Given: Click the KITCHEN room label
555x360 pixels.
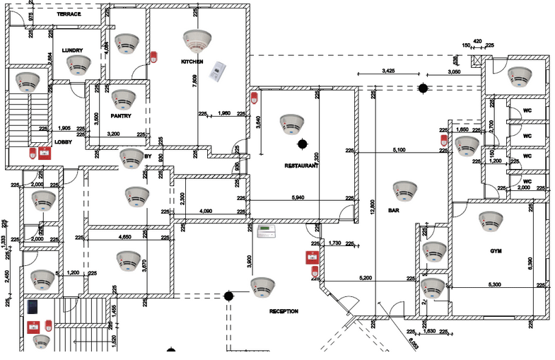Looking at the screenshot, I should [x=192, y=62].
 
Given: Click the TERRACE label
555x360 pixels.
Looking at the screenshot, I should [x=68, y=14].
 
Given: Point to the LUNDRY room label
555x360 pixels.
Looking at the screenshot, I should [x=72, y=50].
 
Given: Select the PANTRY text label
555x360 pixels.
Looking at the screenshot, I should [x=122, y=115].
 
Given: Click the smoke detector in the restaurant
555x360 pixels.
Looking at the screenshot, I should [x=291, y=123].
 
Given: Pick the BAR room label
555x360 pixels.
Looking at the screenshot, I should [x=394, y=210].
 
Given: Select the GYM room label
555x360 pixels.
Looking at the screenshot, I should [x=496, y=251].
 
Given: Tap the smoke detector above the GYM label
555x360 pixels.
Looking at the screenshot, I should [x=490, y=221].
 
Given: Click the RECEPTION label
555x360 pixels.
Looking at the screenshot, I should [x=284, y=311].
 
